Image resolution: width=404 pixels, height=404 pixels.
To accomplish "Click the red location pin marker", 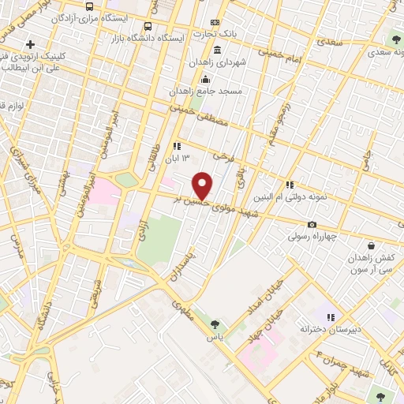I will (203, 186).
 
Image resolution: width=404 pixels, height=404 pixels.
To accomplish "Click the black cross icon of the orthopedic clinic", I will (31, 43).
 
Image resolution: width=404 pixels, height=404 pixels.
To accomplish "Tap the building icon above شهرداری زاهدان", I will (217, 50).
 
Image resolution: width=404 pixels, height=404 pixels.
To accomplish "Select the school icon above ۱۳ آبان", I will (177, 146).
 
